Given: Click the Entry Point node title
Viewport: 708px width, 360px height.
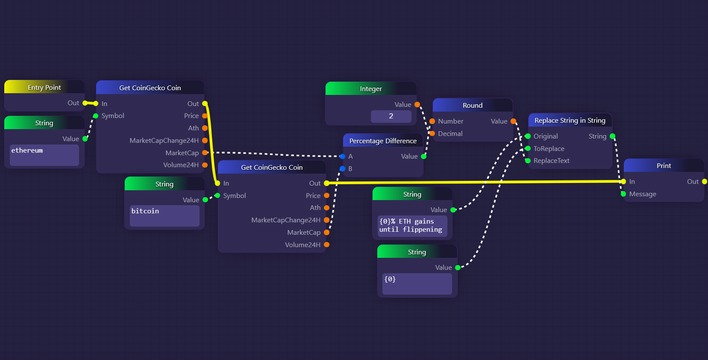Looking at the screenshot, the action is [x=44, y=87].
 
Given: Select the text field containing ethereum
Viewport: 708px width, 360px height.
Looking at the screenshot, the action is [x=44, y=155].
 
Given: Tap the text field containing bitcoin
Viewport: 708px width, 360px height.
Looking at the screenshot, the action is [x=165, y=216].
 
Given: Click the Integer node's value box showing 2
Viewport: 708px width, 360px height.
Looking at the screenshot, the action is [x=391, y=116].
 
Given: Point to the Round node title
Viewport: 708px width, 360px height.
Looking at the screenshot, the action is [x=473, y=105].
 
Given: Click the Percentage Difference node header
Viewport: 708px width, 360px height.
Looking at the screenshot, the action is [x=383, y=141].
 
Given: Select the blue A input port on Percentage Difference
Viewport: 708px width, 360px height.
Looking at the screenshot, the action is [x=342, y=156].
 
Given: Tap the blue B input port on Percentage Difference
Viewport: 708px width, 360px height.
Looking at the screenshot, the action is [x=342, y=168].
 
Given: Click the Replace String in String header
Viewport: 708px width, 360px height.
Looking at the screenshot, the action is [x=570, y=120].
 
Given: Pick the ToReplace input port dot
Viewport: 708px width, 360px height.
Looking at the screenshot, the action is [x=528, y=148].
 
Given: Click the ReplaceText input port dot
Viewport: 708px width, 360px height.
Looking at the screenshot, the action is [x=528, y=161].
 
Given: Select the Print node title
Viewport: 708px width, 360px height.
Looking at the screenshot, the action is [x=664, y=166].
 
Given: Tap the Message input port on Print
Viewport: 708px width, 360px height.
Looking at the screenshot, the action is [x=623, y=194].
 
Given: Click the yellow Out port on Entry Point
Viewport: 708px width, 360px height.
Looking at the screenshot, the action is [x=85, y=103].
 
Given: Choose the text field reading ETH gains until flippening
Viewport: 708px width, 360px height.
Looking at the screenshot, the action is [x=412, y=226].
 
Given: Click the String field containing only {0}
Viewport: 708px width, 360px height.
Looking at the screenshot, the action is [x=417, y=284].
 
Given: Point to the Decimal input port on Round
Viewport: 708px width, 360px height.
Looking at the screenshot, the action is [x=432, y=133].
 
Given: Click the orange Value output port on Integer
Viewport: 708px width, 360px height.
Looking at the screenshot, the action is [x=417, y=104].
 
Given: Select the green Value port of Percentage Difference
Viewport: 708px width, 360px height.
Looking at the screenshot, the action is [x=423, y=156].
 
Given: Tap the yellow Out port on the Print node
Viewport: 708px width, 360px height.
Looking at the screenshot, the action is [x=705, y=181].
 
